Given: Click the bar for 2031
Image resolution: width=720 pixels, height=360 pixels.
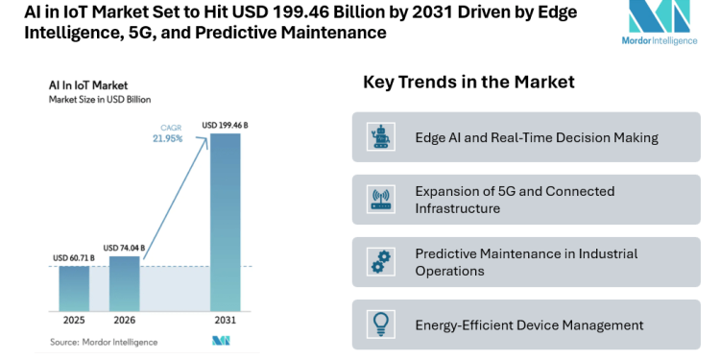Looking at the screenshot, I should point(225,221).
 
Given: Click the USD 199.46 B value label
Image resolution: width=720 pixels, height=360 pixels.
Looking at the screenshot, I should point(225,125).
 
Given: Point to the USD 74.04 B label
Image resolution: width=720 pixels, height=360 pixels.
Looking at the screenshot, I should point(124,248).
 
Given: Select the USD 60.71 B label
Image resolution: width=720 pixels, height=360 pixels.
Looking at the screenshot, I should point(73,258).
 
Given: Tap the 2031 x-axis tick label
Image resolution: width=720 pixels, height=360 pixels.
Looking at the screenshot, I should point(225,321).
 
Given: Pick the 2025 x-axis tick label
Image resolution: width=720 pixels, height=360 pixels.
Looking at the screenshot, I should point(73,321).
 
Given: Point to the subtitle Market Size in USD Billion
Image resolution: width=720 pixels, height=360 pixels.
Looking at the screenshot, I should point(100,99).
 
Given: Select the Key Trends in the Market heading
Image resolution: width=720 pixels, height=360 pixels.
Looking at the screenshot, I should point(468,83).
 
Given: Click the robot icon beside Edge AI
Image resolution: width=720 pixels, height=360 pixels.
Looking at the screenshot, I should point(381,137).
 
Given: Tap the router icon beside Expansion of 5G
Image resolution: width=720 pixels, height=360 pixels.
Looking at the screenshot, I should point(381,200).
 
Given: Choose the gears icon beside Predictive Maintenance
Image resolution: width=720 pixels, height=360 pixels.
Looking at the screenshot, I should point(381,262).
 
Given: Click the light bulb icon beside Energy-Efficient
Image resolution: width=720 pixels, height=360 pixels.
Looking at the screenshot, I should point(381,324).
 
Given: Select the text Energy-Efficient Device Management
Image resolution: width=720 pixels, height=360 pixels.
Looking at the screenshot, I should point(529,324).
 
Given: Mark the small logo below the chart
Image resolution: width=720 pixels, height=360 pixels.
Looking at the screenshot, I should point(220,341).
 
